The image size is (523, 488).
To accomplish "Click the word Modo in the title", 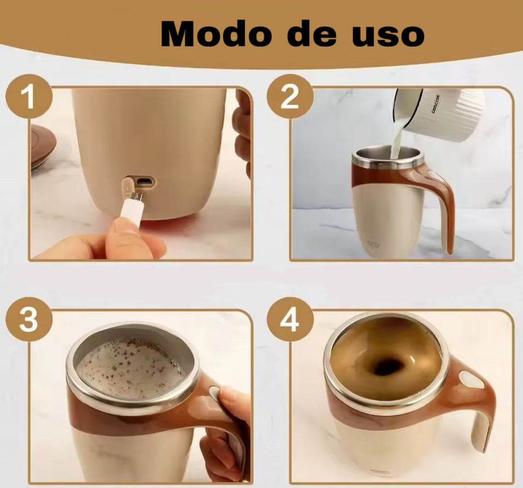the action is tap(216, 34).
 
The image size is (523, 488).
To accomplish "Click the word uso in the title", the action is tap(388, 36).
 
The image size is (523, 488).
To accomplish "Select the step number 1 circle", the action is tap(29, 96).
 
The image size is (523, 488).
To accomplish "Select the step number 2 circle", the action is tap(290, 96).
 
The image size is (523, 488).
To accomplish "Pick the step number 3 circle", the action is tap(29, 320).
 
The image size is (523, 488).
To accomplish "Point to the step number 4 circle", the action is tap(290, 320).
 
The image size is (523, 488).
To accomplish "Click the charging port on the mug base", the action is tap(146, 182).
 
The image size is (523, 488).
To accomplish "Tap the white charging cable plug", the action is tap(131, 209).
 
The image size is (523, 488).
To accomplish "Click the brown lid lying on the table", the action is tap(43, 146).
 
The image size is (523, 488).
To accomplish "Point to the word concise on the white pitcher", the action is tap(436, 104).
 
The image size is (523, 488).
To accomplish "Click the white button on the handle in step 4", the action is tap(471, 380).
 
